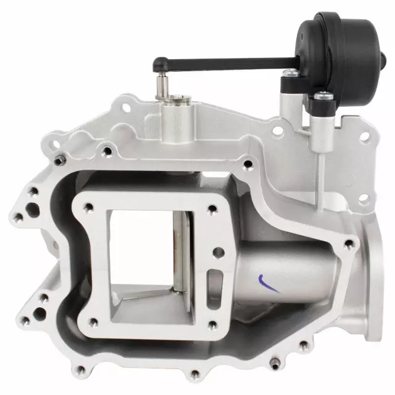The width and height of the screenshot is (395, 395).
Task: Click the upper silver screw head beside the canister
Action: click(x=289, y=73)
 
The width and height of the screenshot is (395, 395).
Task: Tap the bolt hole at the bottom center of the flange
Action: click(x=194, y=374)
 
